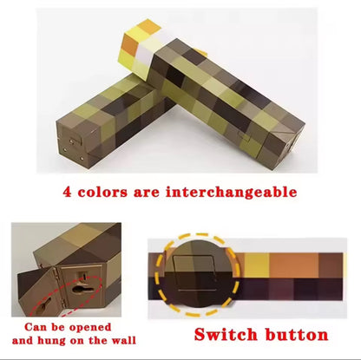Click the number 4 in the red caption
coord(67,192)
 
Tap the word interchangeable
coord(231,192)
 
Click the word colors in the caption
coord(102,193)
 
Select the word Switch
coord(226,335)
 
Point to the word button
coord(297,335)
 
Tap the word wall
coord(124,340)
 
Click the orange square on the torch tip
coord(130,44)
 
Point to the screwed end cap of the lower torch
coord(72,145)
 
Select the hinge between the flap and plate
coord(56,285)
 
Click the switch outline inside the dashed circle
coord(194,273)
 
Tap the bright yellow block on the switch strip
coord(257,265)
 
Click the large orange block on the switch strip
coord(294,265)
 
